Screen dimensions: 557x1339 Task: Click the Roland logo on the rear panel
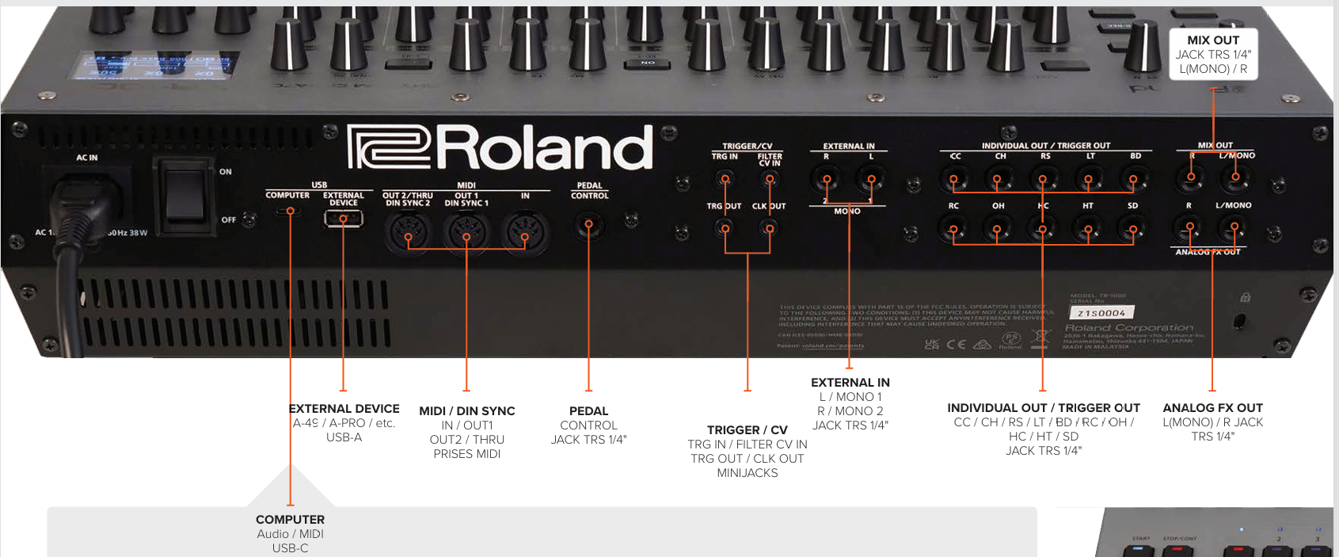coord(500,148)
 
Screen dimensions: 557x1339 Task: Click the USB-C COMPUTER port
coord(290,212)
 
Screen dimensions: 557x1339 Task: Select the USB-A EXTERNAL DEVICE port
coord(344,218)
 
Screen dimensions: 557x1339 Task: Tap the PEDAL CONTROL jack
coord(588,226)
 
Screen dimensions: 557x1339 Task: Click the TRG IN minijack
coord(725,181)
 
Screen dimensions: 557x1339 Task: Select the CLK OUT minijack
coord(768,229)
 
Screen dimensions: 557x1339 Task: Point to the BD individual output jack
coord(1133,181)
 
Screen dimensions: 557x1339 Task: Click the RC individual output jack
coord(953,230)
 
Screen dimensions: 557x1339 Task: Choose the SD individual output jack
coord(1133,230)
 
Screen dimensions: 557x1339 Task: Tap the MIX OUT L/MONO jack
coord(1234,179)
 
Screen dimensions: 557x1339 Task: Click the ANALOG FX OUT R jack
coord(1189,229)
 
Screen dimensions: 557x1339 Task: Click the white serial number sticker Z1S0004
coord(1101,313)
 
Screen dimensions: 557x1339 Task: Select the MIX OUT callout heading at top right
coord(1213,40)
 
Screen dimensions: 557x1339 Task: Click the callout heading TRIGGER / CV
coord(747,430)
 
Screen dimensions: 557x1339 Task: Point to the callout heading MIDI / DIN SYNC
coord(467,411)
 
